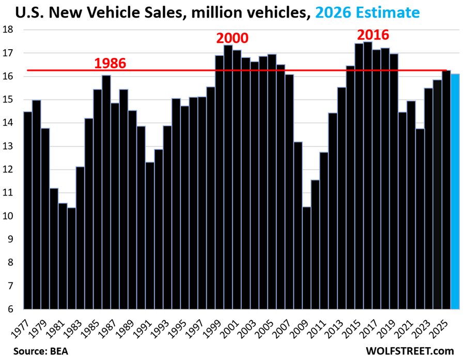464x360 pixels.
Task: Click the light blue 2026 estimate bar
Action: click(x=455, y=191)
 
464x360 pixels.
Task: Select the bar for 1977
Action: click(x=28, y=211)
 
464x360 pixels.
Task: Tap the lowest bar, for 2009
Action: click(x=306, y=258)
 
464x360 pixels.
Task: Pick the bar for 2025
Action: click(x=446, y=190)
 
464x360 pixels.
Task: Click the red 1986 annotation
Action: click(x=110, y=64)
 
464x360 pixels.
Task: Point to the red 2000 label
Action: click(x=233, y=38)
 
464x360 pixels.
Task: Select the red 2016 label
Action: click(x=373, y=35)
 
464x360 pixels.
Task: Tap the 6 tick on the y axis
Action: click(x=10, y=309)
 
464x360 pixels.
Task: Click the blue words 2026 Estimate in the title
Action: click(x=367, y=12)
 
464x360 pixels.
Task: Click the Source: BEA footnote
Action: click(x=40, y=351)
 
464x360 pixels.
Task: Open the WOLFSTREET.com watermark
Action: click(x=410, y=351)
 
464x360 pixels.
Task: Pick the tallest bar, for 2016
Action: click(x=368, y=175)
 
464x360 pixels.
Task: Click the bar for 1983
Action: click(x=80, y=238)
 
